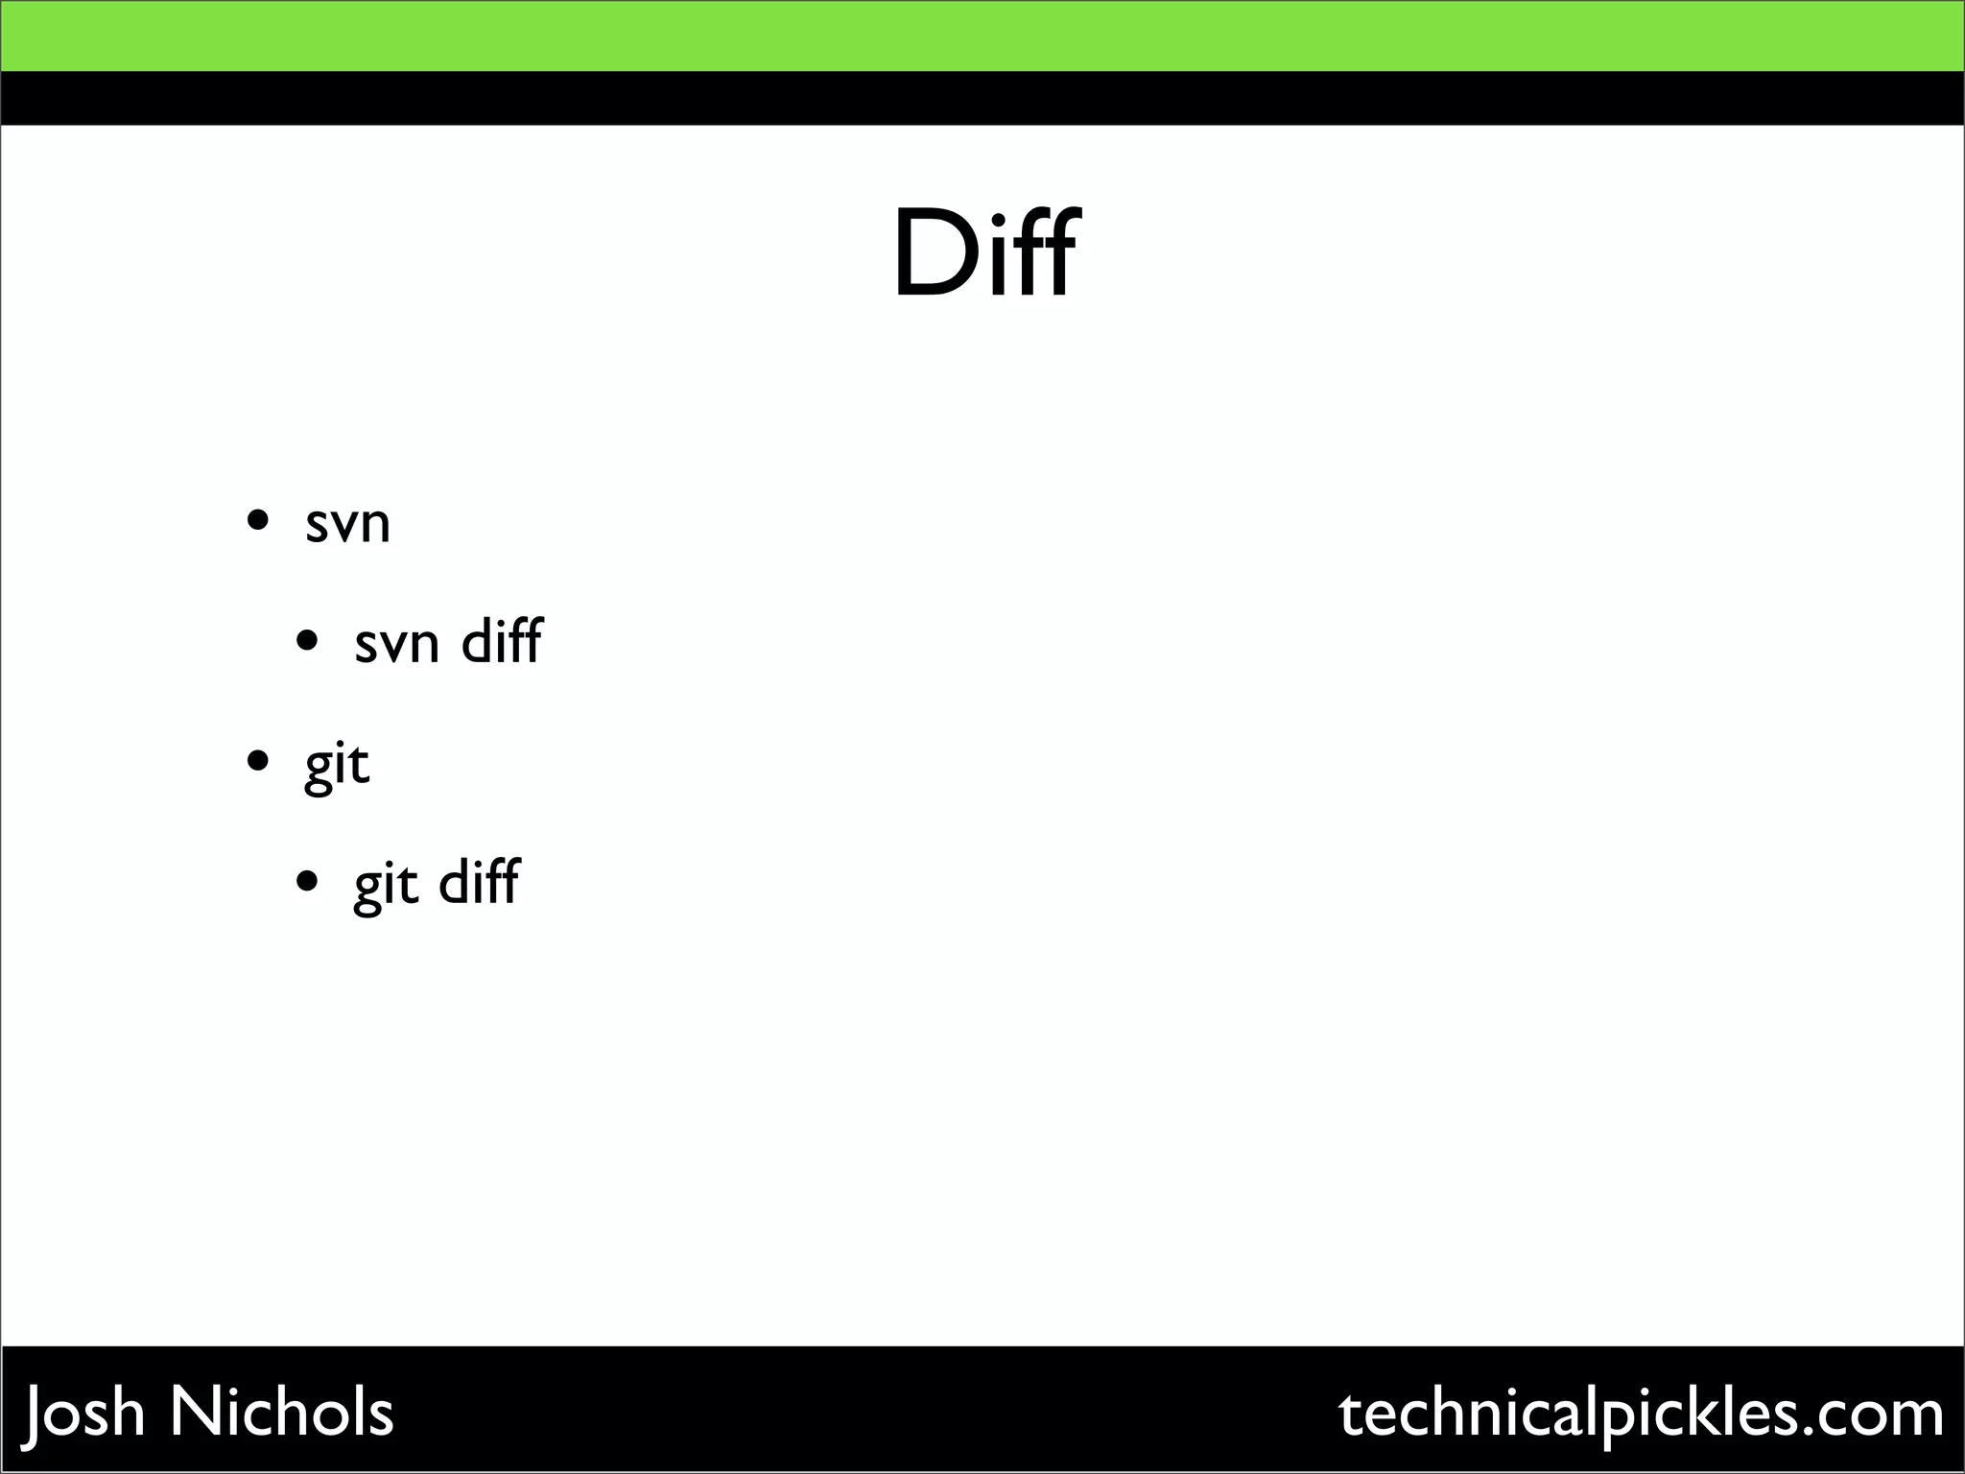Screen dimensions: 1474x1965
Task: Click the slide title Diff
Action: click(x=985, y=253)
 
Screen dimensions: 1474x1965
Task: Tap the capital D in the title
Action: click(x=929, y=255)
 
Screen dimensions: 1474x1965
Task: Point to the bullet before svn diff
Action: click(x=307, y=640)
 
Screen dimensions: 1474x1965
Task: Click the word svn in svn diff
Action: click(x=396, y=644)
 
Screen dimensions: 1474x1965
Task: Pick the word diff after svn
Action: click(x=502, y=640)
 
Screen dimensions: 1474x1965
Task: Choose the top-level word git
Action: click(x=337, y=766)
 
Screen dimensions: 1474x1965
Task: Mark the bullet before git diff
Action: click(x=307, y=881)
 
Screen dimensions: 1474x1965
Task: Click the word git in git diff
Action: click(x=386, y=885)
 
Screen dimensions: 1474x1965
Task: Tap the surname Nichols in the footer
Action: click(x=282, y=1412)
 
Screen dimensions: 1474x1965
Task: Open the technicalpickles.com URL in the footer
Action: click(x=1641, y=1414)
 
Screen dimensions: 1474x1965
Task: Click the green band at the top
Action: click(x=982, y=36)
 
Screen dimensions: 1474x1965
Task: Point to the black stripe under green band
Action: click(x=982, y=98)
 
